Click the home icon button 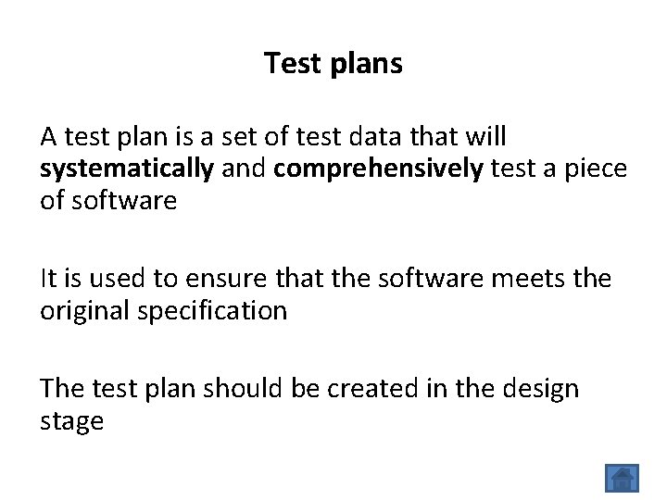tap(623, 478)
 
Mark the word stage tap(71, 422)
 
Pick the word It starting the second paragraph tap(49, 279)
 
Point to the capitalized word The tap(63, 388)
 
